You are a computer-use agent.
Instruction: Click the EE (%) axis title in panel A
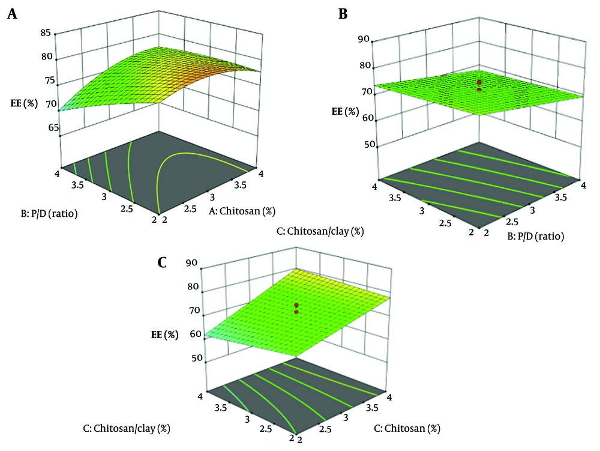coord(24,103)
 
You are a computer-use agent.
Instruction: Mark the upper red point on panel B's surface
coord(479,82)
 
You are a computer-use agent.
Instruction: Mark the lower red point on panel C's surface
coord(296,312)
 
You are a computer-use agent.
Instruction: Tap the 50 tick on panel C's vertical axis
coord(192,359)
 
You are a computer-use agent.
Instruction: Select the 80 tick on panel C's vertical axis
coord(192,287)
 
